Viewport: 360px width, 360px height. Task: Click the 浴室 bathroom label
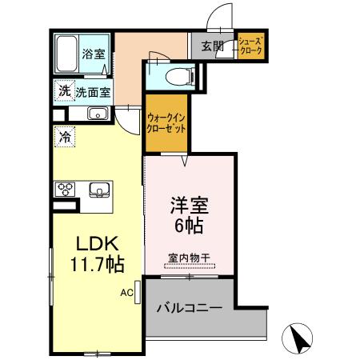coord(94,54)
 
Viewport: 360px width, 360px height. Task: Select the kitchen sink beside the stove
coord(99,190)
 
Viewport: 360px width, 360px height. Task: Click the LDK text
coord(95,243)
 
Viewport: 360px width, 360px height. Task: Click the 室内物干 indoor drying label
coord(189,258)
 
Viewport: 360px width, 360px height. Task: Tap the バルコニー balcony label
coord(189,307)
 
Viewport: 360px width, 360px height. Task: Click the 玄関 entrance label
coord(212,45)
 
